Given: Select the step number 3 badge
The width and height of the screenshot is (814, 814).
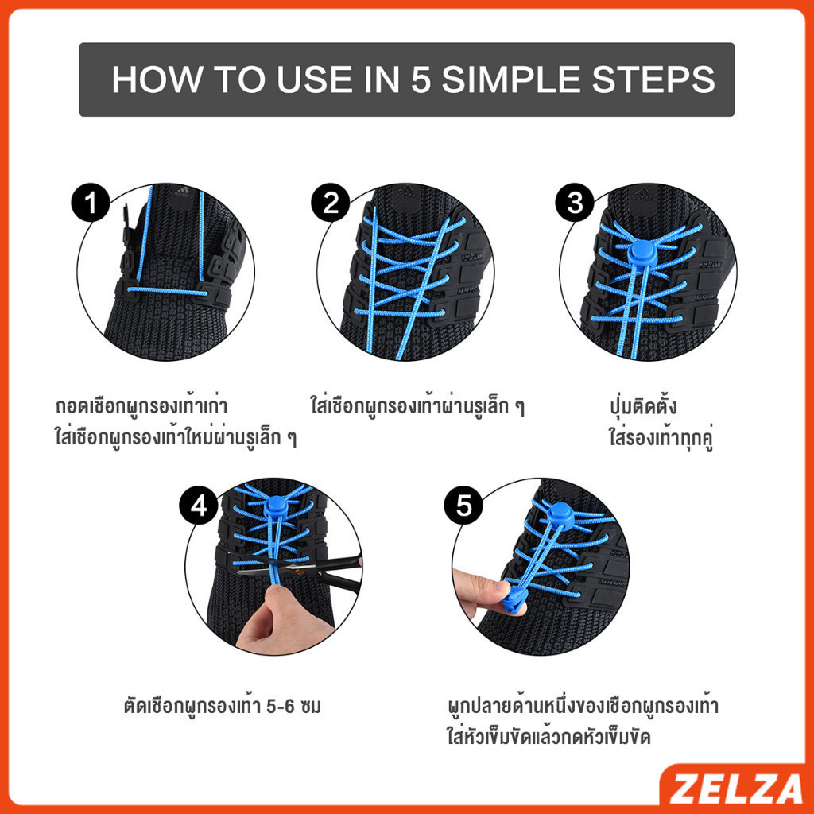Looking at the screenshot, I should (575, 204).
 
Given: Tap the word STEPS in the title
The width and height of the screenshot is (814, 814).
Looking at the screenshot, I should (657, 80).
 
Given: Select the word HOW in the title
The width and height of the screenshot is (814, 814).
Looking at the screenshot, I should (150, 80).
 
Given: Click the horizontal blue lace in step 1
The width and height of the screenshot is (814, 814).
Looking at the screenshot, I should (167, 291).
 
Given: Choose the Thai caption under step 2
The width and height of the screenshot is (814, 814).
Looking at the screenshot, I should (418, 407).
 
